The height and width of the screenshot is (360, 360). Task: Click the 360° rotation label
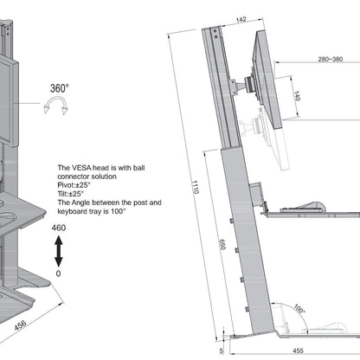pyautogui.click(x=59, y=87)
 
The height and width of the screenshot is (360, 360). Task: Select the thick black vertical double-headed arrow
pyautogui.click(x=58, y=253)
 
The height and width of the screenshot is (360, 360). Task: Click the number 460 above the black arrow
pyautogui.click(x=58, y=228)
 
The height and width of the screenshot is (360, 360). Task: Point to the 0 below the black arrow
pyautogui.click(x=58, y=274)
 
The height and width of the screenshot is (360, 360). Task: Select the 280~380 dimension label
pyautogui.click(x=330, y=60)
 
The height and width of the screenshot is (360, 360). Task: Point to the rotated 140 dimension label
pyautogui.click(x=296, y=96)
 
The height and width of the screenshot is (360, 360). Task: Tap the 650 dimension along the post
pyautogui.click(x=223, y=246)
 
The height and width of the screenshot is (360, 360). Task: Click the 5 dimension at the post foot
pyautogui.click(x=222, y=351)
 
